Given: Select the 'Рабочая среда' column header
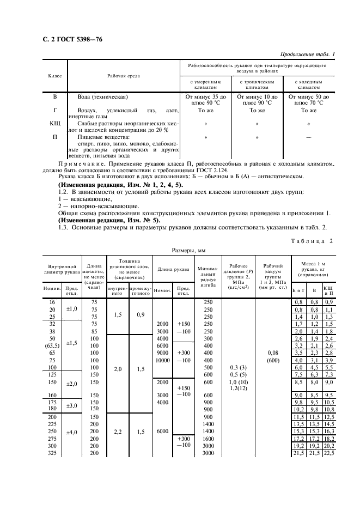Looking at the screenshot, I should [123, 76].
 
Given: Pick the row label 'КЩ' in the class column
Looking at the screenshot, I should [55, 124].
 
